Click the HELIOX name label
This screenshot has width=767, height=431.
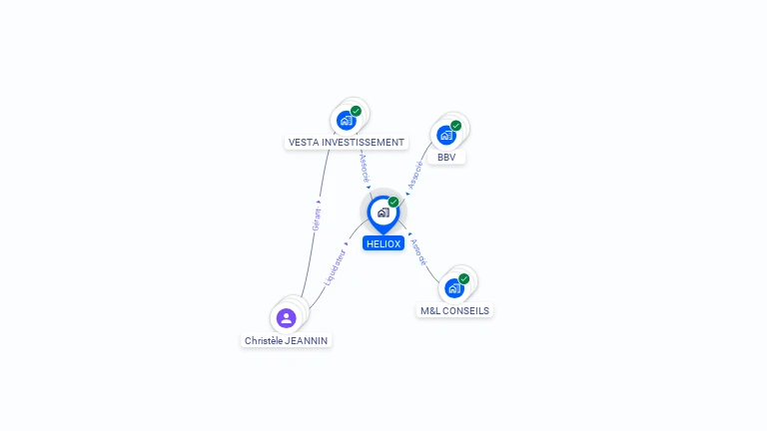383,243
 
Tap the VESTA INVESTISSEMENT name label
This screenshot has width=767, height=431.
347,143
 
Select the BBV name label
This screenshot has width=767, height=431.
446,158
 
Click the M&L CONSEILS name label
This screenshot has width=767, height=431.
454,311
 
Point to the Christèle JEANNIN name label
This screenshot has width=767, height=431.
287,340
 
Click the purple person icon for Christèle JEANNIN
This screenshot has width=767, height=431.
287,318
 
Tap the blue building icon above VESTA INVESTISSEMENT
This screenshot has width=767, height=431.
347,120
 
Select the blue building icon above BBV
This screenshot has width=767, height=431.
446,135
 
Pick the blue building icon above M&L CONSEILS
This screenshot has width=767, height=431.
454,288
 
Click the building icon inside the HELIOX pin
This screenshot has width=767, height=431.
383,213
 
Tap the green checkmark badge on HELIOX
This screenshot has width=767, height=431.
393,202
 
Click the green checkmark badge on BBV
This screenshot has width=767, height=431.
455,126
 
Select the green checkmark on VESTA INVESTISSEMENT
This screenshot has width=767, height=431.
356,111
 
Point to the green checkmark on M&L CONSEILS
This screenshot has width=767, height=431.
463,278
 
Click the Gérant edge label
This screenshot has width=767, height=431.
317,218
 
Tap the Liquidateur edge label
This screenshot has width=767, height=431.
335,267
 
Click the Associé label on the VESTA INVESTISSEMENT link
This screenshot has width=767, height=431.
365,169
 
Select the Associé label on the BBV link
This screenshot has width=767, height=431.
415,175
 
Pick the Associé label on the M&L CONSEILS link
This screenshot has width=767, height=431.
418,252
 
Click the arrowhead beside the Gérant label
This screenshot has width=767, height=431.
319,202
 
